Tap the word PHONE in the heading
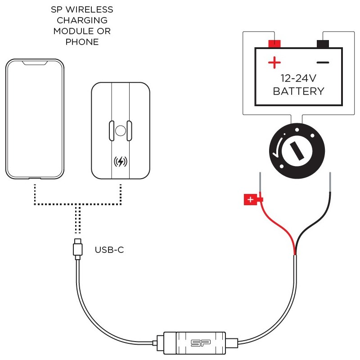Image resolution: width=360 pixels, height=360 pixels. [x=82, y=42]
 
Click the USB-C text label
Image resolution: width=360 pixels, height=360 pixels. [x=109, y=249]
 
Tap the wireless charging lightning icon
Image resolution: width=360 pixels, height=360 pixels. [x=120, y=162]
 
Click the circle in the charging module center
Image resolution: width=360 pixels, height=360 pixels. [x=120, y=131]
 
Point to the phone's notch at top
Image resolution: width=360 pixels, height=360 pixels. [x=35, y=63]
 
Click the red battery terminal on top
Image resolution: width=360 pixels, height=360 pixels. [x=274, y=44]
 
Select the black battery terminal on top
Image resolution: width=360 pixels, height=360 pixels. [x=323, y=44]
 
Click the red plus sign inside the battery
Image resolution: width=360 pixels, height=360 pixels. [x=274, y=62]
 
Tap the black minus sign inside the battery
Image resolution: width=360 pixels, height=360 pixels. [x=323, y=62]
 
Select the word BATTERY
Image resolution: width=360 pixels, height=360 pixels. [x=298, y=91]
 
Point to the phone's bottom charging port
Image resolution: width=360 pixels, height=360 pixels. [x=35, y=179]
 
